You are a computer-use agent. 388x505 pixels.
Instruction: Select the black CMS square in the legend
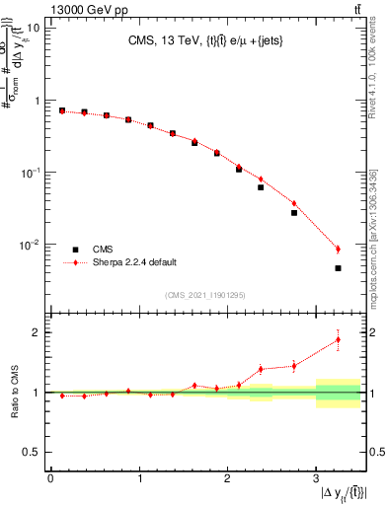pyautogui.click(x=75, y=250)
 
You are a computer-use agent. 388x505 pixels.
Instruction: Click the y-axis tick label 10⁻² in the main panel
pyautogui.click(x=30, y=245)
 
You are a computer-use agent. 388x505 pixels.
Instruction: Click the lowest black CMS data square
pyautogui.click(x=338, y=268)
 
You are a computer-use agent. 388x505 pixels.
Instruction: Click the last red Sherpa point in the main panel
pyautogui.click(x=338, y=249)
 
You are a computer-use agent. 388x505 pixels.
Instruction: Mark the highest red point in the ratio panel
pyautogui.click(x=338, y=340)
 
